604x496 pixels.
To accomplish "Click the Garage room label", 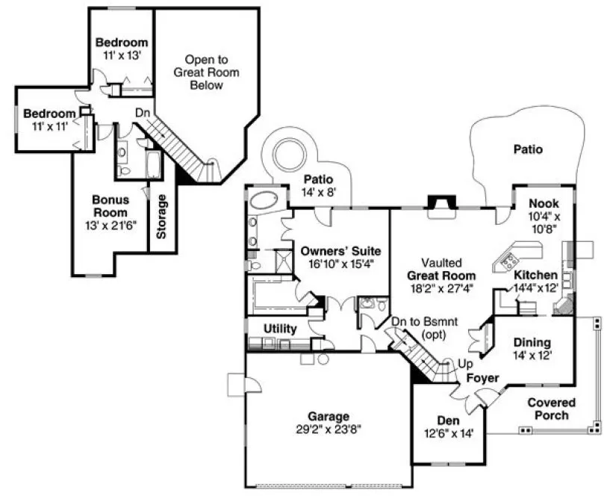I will point(329,416).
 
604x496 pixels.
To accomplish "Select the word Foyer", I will point(482,379).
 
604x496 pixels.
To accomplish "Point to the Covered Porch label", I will point(552,409).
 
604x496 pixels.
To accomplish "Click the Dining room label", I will point(532,343).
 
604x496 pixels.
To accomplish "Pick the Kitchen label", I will point(535,275).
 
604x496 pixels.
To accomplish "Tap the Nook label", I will point(544,203).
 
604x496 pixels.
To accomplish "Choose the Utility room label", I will point(281,329).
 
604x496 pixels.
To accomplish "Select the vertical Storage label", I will point(161,217).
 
